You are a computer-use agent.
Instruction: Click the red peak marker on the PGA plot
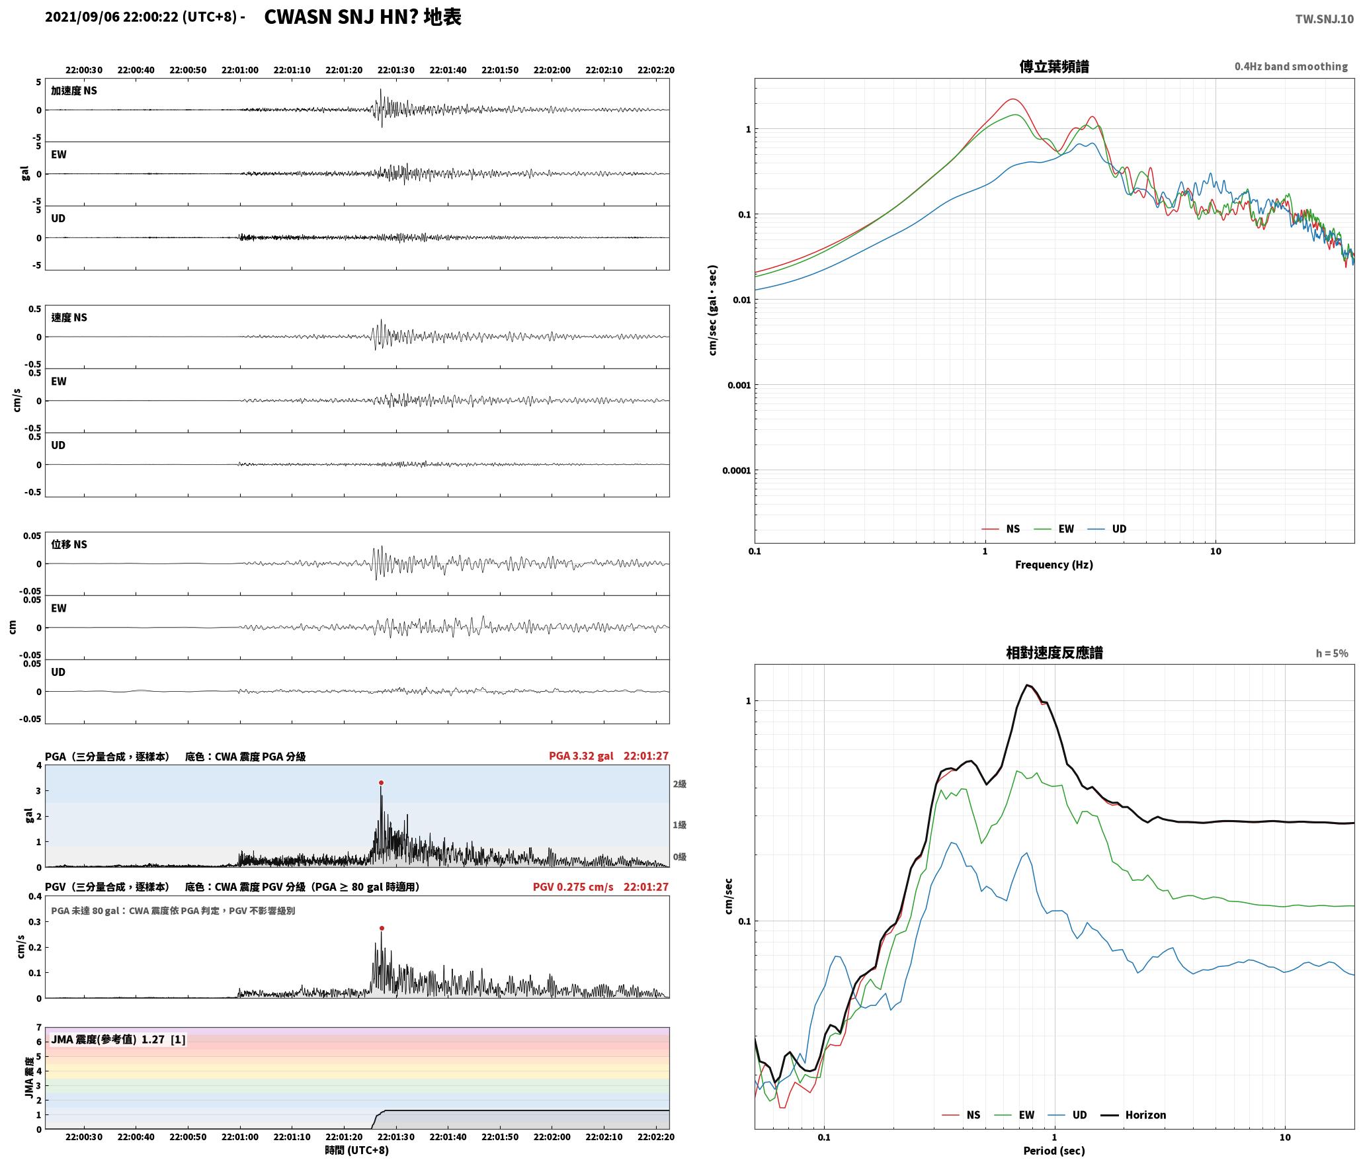(381, 782)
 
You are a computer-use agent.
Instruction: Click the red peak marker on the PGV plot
(382, 928)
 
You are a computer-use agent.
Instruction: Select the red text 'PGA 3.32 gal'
(581, 756)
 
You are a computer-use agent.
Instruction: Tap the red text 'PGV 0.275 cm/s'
(573, 887)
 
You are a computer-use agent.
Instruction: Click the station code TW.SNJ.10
(1325, 19)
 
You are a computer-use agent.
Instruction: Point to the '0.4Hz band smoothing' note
(1291, 66)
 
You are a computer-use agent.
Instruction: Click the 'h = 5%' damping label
(1332, 653)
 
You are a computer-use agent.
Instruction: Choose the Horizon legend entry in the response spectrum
(1133, 1114)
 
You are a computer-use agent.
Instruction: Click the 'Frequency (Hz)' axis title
(1054, 564)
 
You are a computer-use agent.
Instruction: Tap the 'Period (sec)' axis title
(1054, 1150)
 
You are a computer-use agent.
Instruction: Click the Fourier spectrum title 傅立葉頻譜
(1054, 66)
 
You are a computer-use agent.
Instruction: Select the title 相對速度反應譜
(1054, 653)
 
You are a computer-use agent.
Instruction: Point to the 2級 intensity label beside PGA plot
(679, 784)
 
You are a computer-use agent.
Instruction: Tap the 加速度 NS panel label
(74, 91)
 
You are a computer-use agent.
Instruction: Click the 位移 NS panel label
(69, 544)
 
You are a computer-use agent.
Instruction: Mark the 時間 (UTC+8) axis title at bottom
(356, 1150)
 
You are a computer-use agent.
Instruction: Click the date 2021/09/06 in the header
(83, 17)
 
